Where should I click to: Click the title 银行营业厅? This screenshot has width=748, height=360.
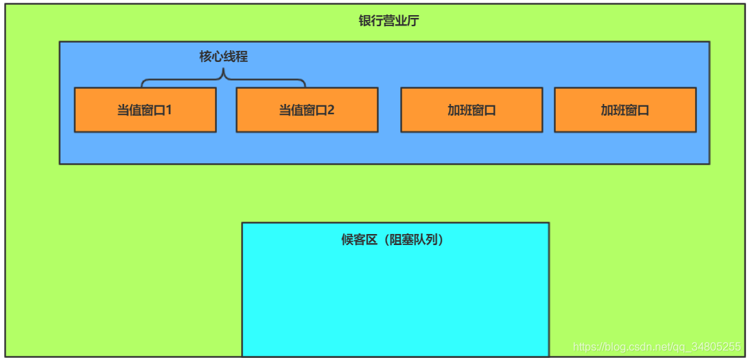tap(388, 21)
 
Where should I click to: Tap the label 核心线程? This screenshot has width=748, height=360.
tap(224, 56)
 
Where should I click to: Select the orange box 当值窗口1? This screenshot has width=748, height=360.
tap(145, 109)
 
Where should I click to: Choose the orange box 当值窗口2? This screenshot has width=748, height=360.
tap(307, 109)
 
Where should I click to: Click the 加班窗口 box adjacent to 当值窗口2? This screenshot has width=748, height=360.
tap(471, 109)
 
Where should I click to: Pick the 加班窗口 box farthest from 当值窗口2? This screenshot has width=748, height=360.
tap(625, 109)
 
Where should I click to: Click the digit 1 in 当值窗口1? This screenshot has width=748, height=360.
tap(168, 109)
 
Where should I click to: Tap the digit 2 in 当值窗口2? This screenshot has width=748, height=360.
tap(331, 109)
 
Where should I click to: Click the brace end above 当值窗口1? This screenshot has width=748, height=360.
tap(143, 85)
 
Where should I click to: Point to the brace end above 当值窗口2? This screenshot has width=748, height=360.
tap(304, 85)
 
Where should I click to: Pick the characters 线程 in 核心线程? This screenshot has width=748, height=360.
tap(236, 56)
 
